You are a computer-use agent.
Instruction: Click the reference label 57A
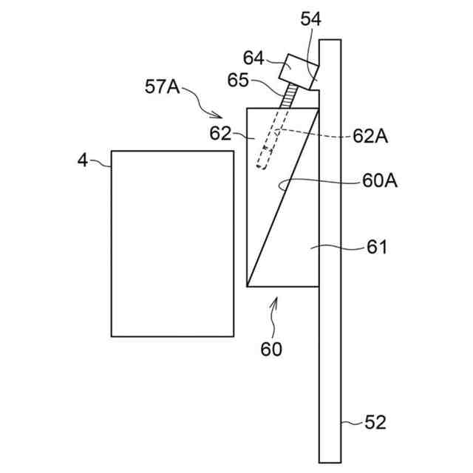162,86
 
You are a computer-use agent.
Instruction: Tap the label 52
375,423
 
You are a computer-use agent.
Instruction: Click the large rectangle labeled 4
171,244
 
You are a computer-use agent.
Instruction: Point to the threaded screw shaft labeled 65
284,96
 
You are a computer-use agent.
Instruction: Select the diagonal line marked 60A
283,197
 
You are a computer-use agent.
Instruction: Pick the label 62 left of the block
220,134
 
